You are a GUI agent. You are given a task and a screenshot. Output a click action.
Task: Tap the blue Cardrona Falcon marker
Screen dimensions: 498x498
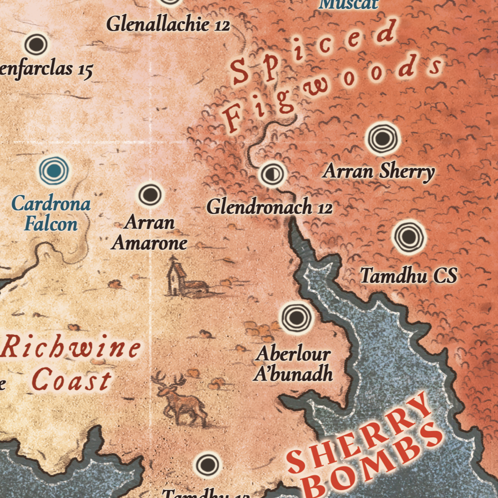click(x=54, y=171)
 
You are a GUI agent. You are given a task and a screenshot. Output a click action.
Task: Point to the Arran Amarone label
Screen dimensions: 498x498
click(x=149, y=233)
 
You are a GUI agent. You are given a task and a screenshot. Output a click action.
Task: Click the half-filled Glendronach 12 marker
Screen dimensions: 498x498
click(x=271, y=174)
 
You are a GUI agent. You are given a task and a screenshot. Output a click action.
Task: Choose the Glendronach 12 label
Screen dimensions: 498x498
click(x=269, y=207)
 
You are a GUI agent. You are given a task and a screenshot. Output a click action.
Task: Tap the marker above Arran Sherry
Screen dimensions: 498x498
click(x=382, y=138)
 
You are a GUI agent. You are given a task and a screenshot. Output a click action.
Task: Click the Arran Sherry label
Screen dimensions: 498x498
click(x=378, y=171)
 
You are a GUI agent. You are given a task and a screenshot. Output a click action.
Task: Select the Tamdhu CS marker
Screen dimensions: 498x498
click(x=409, y=236)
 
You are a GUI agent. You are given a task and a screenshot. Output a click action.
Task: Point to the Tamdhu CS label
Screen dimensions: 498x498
click(x=409, y=276)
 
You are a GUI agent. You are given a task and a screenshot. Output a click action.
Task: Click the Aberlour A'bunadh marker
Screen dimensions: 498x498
click(x=296, y=317)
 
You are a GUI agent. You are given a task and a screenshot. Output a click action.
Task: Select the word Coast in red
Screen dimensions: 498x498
click(x=71, y=380)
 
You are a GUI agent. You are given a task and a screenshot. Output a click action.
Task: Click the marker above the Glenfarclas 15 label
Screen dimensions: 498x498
click(x=36, y=44)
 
